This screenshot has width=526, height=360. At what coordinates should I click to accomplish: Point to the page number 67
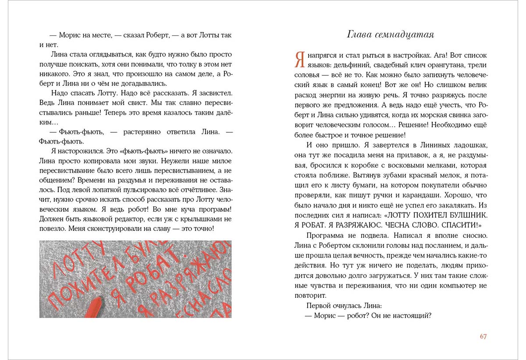pyautogui.click(x=483, y=336)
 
